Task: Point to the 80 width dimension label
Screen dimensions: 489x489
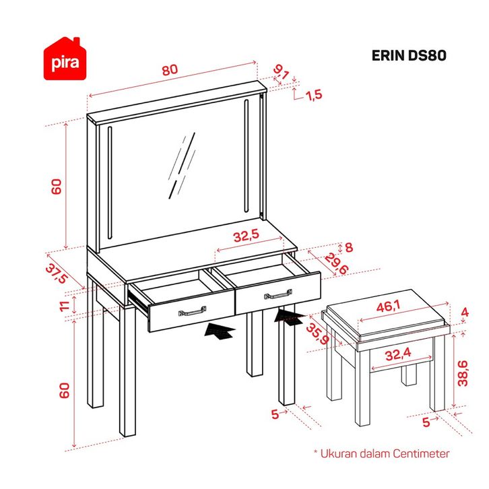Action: coord(170,69)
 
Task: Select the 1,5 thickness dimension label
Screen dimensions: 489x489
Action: coord(314,95)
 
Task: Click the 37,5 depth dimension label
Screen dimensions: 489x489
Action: coord(59,274)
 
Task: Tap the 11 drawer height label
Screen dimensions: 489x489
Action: coord(65,306)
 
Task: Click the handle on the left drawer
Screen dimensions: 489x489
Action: coord(191,311)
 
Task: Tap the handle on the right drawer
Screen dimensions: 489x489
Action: coord(277,295)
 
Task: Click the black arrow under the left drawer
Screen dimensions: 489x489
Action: coord(221,331)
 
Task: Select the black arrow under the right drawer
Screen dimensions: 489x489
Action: coord(290,317)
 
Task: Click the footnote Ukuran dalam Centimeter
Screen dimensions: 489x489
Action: coord(381,454)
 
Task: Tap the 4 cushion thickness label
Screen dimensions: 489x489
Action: coord(464,313)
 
